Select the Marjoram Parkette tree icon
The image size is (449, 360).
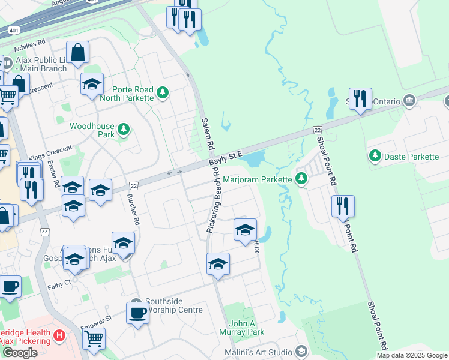tap(301, 179)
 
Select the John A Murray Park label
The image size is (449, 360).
tap(247, 328)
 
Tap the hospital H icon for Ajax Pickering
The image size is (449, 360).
tap(59, 335)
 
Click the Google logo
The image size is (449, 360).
tap(20, 353)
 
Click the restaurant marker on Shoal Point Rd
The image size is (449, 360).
tap(343, 206)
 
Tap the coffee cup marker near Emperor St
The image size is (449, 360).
tap(137, 313)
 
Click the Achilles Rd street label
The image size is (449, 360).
tap(32, 44)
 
